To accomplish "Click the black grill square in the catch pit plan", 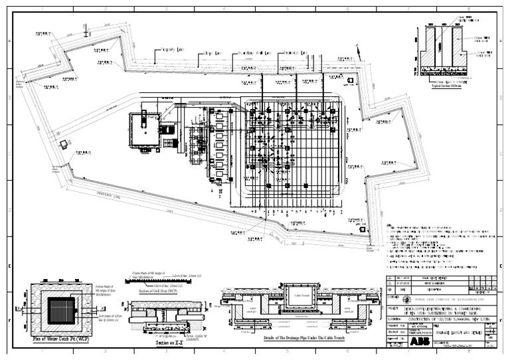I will (x=57, y=309).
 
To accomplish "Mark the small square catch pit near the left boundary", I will (x=64, y=143).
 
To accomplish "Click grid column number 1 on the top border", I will (x=41, y=10).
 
